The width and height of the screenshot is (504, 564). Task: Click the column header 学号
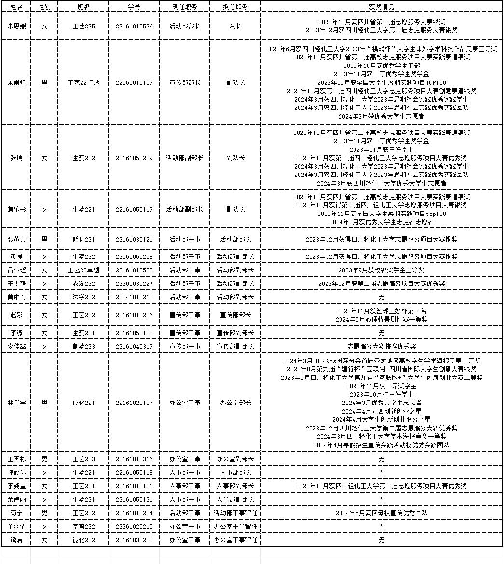tap(134, 7)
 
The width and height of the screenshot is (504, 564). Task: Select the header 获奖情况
tap(381, 7)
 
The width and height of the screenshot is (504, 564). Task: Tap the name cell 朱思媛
tap(17, 26)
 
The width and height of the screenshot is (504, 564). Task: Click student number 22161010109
tap(134, 82)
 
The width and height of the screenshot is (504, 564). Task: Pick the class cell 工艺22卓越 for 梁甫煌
tap(83, 82)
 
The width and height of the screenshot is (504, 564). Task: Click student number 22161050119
tap(134, 209)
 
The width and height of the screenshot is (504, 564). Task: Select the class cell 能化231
tap(83, 239)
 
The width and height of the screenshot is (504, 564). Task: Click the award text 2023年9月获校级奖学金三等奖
tap(381, 270)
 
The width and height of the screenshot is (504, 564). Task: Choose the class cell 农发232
tap(83, 283)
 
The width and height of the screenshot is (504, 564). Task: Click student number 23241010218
tap(134, 297)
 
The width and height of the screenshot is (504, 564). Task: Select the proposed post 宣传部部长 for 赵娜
tap(235, 315)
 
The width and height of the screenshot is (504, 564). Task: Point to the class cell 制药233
tap(83, 346)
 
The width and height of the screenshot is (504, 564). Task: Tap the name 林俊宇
tap(17, 403)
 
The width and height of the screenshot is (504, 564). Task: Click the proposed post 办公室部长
tap(235, 403)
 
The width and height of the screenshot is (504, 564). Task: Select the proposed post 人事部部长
tap(235, 472)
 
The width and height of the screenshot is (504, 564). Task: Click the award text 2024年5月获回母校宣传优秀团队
tap(381, 513)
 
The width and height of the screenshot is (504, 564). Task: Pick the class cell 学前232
tap(83, 526)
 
